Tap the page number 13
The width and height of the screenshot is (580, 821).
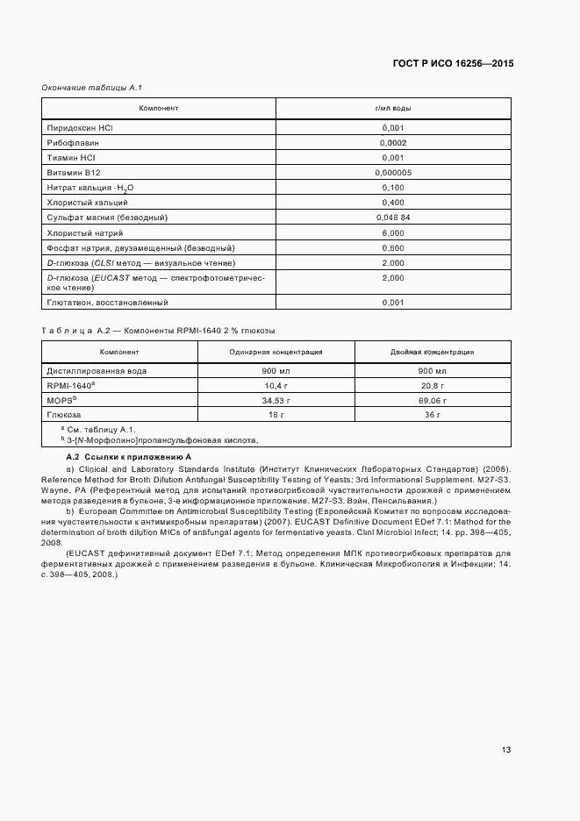pyautogui.click(x=506, y=749)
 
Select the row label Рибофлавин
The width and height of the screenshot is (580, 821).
pyautogui.click(x=73, y=142)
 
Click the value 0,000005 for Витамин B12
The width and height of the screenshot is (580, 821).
pyautogui.click(x=392, y=173)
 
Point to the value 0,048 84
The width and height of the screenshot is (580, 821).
pyautogui.click(x=393, y=217)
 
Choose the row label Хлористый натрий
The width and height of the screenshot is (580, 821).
pyautogui.click(x=85, y=233)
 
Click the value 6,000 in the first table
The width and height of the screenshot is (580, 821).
pyautogui.click(x=393, y=233)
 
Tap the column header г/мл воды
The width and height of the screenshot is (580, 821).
pyautogui.click(x=393, y=108)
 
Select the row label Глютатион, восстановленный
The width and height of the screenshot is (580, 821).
pyautogui.click(x=107, y=303)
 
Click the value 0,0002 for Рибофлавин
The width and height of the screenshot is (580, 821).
pyautogui.click(x=393, y=142)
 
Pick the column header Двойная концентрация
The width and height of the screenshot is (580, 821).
pyautogui.click(x=432, y=352)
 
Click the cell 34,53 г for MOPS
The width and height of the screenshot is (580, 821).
pyautogui.click(x=276, y=400)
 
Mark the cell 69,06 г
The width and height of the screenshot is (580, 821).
pyautogui.click(x=432, y=400)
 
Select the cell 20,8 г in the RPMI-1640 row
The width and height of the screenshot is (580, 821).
pyautogui.click(x=432, y=385)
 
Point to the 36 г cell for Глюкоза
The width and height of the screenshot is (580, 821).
pyautogui.click(x=432, y=414)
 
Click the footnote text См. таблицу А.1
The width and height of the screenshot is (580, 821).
pyautogui.click(x=98, y=429)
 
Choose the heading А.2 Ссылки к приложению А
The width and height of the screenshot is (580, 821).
pyautogui.click(x=129, y=458)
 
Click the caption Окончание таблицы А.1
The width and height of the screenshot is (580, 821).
pyautogui.click(x=92, y=87)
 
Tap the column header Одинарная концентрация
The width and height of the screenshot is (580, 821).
pyautogui.click(x=276, y=352)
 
